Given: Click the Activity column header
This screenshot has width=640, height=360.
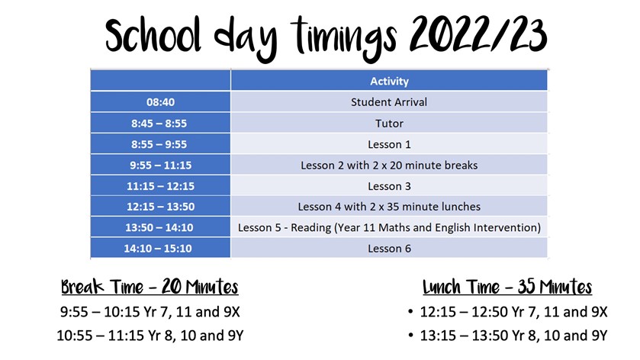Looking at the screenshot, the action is [x=389, y=81].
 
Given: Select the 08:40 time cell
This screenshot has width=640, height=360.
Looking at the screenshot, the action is [x=160, y=102].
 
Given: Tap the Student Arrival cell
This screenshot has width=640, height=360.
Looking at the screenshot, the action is [x=389, y=102].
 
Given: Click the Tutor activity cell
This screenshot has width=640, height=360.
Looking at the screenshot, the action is [x=389, y=124].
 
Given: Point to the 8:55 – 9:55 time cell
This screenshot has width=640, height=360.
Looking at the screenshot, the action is [x=160, y=144].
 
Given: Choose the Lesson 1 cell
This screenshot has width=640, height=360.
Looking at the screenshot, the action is [x=389, y=144].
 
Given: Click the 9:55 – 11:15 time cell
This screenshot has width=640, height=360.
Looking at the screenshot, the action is [x=160, y=165].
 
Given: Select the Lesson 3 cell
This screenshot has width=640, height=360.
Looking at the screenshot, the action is [x=389, y=186].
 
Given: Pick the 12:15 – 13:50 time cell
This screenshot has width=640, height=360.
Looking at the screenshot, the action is [x=160, y=207].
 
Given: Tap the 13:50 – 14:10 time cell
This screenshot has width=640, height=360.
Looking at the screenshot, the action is [x=160, y=227].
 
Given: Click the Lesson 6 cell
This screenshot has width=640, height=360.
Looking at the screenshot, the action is [x=389, y=248].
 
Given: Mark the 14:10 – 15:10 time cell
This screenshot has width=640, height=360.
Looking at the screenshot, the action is [x=160, y=248].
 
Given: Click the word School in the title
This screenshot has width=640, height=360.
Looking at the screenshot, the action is [x=153, y=36].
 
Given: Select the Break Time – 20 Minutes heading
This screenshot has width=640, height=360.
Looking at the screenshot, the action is [x=150, y=287].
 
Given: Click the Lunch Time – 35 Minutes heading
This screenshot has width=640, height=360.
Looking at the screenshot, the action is [x=507, y=287].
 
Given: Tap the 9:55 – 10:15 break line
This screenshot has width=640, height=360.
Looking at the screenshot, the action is [x=150, y=312].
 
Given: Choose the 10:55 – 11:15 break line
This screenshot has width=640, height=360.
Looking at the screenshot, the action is [x=150, y=336].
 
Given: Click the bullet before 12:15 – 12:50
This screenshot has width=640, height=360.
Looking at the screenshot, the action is [x=410, y=312].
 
